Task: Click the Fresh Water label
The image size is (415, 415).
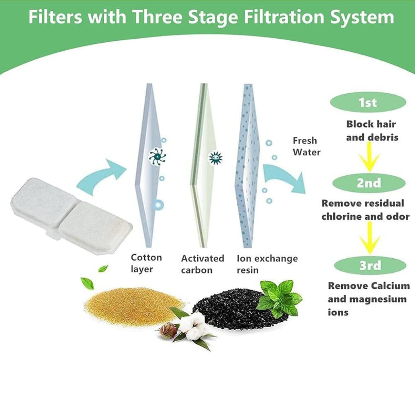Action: point(306,146)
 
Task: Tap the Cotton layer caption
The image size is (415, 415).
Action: point(146,263)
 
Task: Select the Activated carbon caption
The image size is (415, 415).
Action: point(203,264)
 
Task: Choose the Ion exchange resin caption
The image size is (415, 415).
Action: point(267,264)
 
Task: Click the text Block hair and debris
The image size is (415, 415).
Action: point(371,130)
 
